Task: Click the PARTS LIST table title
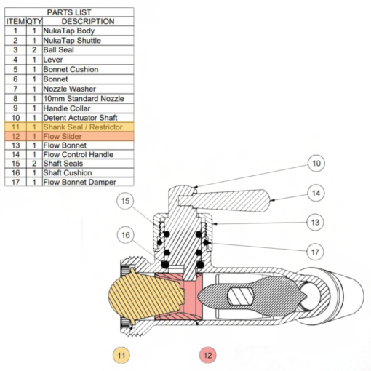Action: coord(69,12)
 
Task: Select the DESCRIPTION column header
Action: coord(88,21)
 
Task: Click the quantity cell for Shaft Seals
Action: coord(34,164)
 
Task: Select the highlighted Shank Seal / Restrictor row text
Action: coord(83,127)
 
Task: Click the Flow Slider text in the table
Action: coord(63,136)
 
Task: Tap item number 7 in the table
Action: coord(15,89)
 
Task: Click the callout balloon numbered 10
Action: coord(316,164)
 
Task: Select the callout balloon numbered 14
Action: coord(316,193)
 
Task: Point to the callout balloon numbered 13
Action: coord(315,223)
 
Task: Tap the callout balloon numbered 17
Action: coord(315,252)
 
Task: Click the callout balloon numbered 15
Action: coord(125,201)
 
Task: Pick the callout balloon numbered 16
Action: coord(125,235)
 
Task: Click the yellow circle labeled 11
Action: coord(121,355)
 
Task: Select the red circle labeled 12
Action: coord(207,355)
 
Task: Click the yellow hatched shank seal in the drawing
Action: coord(143,296)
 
